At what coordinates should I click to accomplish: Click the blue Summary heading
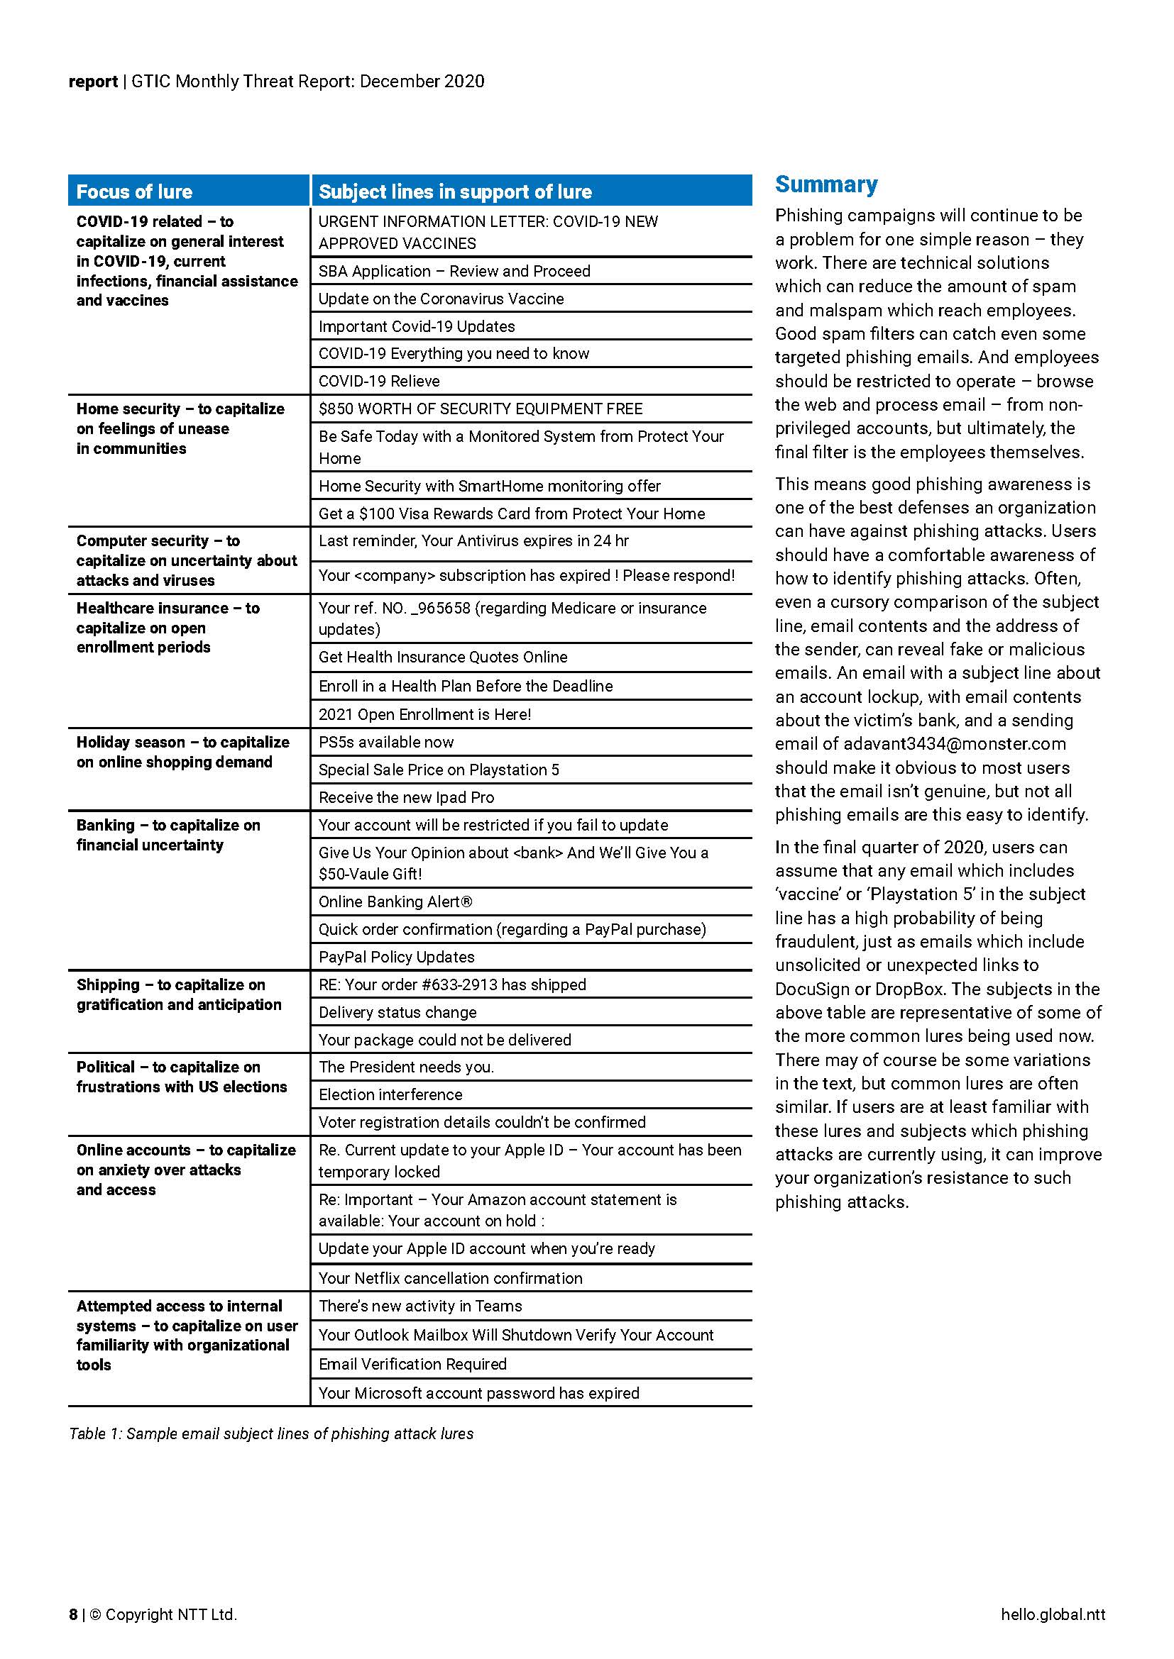(x=826, y=185)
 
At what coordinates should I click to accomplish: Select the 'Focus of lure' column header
(x=134, y=192)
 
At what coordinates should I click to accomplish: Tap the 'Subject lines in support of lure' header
(x=455, y=192)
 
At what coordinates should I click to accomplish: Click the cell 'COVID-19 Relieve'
(x=379, y=381)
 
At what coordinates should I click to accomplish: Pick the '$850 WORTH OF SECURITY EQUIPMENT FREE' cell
(x=480, y=409)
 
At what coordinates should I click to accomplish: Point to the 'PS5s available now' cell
(x=386, y=742)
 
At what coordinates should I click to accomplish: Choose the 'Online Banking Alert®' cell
(x=395, y=901)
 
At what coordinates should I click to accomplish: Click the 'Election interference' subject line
(x=390, y=1094)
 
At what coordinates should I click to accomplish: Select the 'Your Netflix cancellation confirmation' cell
(x=451, y=1278)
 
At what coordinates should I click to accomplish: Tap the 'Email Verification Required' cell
(x=413, y=1364)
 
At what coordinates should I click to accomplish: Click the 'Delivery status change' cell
(x=397, y=1012)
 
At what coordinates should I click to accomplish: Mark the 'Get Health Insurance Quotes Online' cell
(x=443, y=657)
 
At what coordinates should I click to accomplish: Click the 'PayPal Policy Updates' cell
(x=397, y=957)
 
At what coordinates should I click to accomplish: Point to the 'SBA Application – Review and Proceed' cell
(x=455, y=271)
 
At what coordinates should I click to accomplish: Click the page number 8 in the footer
(x=73, y=1614)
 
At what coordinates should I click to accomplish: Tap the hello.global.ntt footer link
(x=1053, y=1614)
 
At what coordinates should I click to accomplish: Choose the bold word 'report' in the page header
(x=92, y=81)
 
